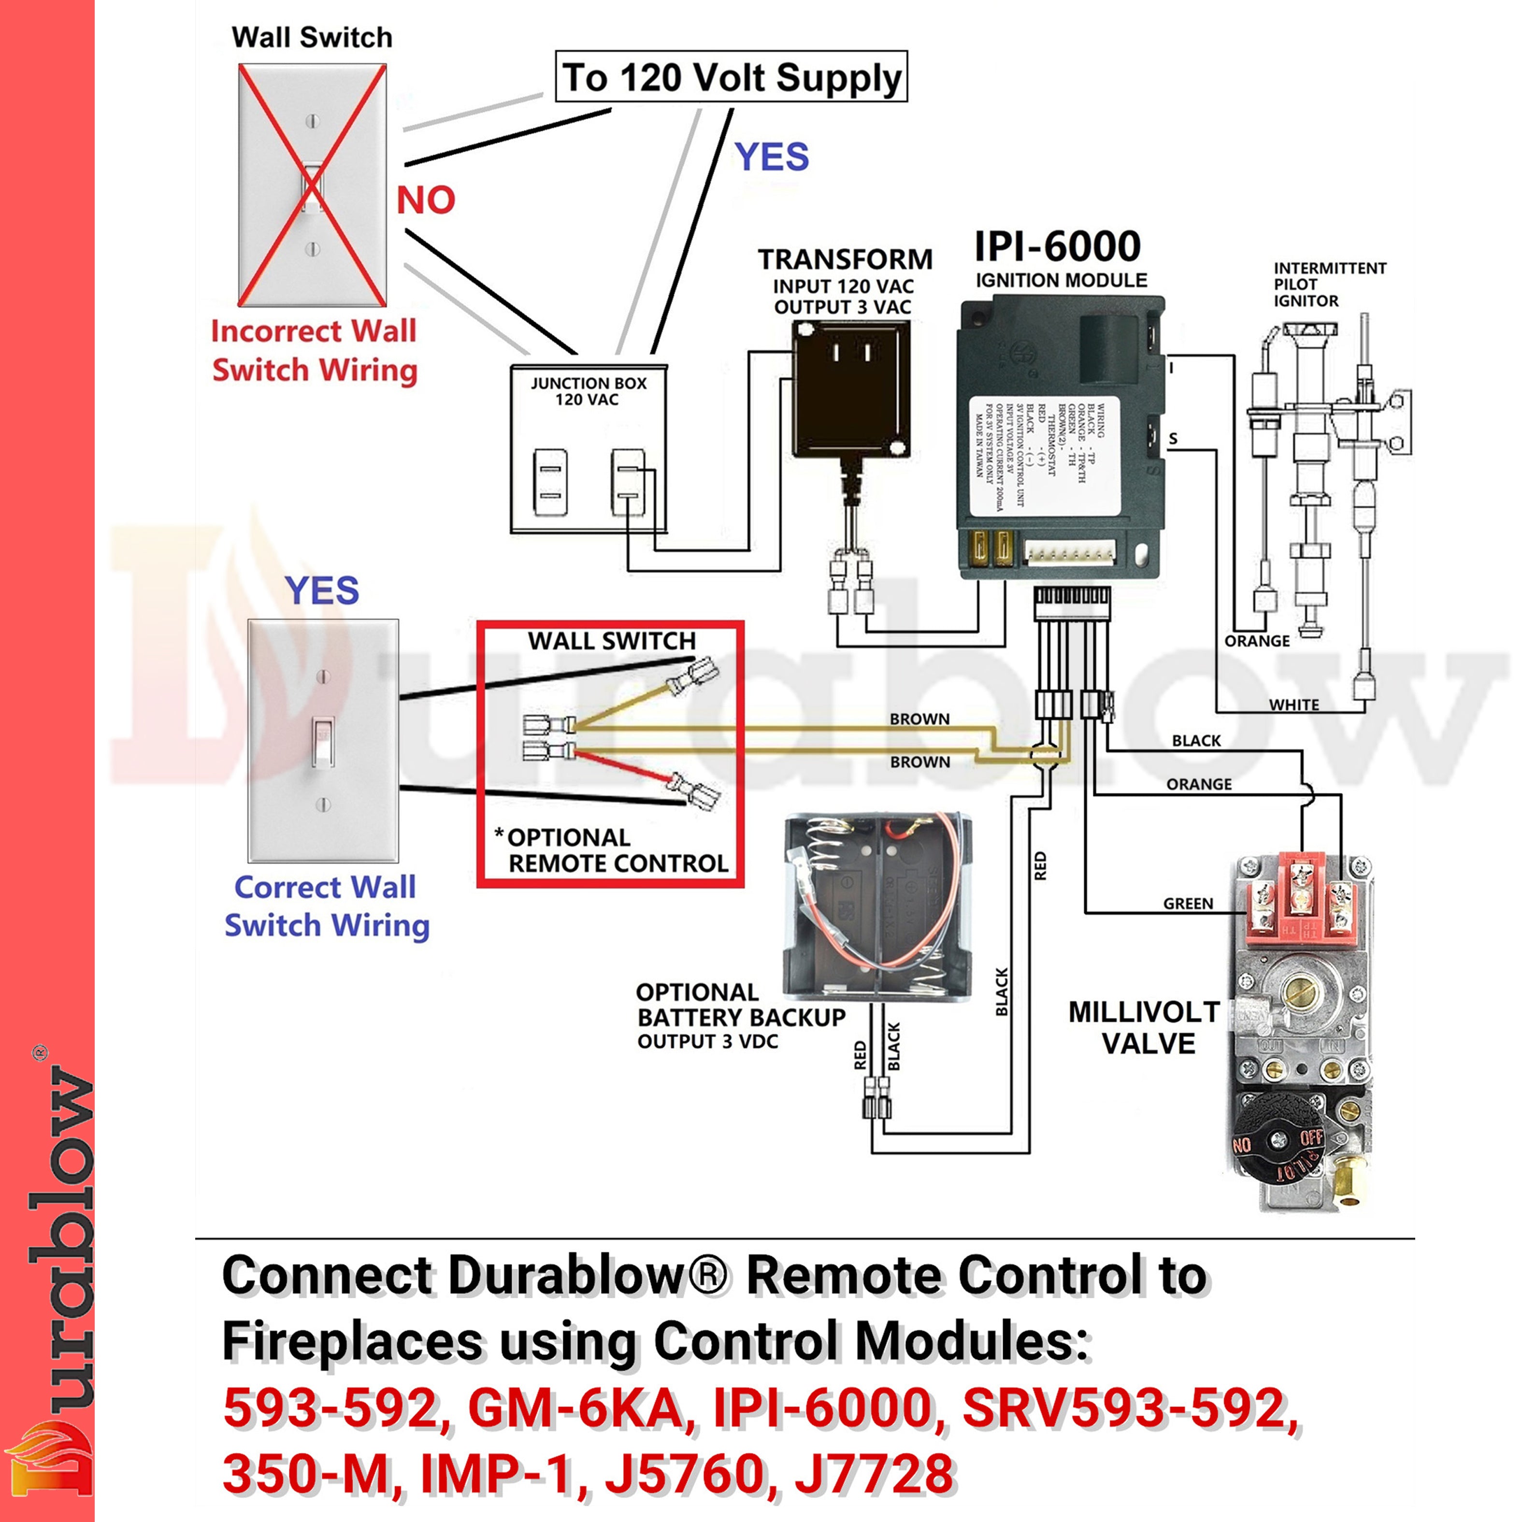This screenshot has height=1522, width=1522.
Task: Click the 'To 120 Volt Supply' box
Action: [x=731, y=77]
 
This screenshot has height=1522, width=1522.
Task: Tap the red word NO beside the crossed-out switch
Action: [x=425, y=200]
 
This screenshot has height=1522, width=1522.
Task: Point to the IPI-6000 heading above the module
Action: [x=1057, y=246]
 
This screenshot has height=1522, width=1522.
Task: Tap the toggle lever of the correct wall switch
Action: [x=323, y=741]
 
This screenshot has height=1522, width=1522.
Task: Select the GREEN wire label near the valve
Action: [x=1188, y=904]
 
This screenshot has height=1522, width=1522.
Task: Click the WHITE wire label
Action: [x=1293, y=704]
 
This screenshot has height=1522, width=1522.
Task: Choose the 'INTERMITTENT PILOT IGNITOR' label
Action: [x=1330, y=285]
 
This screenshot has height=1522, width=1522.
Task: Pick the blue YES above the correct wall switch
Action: [x=322, y=591]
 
